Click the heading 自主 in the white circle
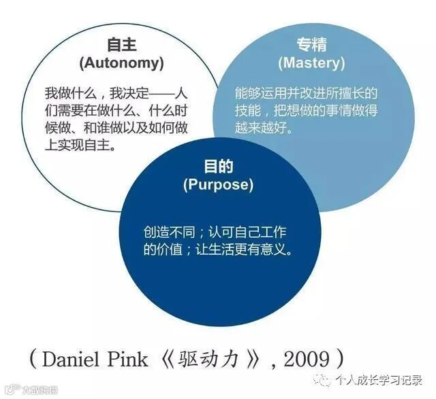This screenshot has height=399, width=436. point(122,45)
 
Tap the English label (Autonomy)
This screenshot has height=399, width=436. point(122,63)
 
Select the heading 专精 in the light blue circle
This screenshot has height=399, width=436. point(312,45)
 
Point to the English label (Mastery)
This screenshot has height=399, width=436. point(312,63)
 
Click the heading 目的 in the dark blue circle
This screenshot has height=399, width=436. point(218,166)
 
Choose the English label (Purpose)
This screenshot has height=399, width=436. point(218,184)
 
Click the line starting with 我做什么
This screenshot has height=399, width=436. point(116,92)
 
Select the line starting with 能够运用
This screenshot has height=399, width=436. point(306,92)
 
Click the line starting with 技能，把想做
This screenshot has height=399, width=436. point(306,110)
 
